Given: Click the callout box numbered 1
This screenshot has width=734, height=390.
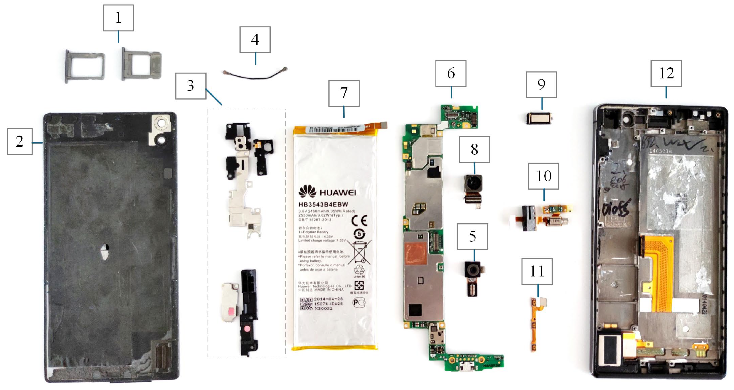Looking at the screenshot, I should pos(118,18).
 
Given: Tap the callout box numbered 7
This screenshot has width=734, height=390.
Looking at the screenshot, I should pos(344,93).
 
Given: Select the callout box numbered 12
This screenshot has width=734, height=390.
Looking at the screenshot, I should pos(666,74).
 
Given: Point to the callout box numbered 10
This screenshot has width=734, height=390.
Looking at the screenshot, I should pos(543,176).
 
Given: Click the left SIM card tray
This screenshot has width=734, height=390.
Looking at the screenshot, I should pos(85,66).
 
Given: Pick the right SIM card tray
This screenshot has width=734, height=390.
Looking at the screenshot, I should pos(142,64).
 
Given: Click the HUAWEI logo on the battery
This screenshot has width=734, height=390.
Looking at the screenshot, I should pos(327,192).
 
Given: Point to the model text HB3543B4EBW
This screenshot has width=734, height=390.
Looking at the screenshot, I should pos(323,205).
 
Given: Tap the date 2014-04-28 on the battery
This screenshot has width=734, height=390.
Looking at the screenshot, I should pos(328,299).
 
